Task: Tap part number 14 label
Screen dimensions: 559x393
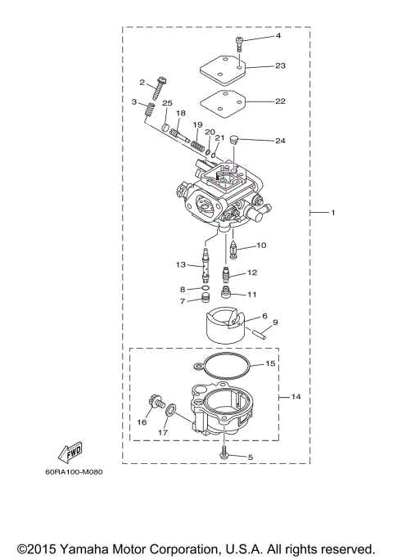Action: point(296,397)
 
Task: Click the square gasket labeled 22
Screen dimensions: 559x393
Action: point(224,104)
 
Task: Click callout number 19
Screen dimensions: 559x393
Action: point(196,124)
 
